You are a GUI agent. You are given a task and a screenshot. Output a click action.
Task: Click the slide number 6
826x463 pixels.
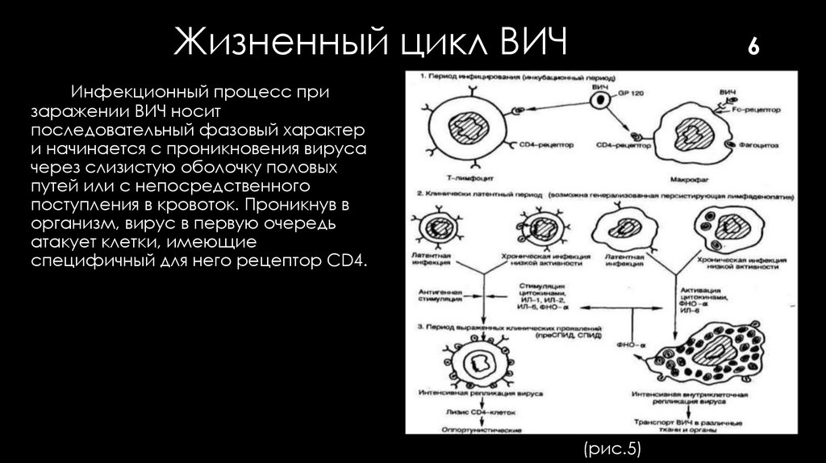754,47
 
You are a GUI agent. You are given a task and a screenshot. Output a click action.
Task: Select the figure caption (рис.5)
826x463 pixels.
609,448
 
